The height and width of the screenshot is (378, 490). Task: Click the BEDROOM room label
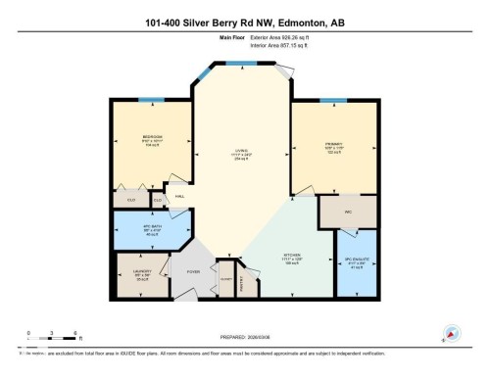pos(152,136)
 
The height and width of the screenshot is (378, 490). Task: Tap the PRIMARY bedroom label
pos(332,143)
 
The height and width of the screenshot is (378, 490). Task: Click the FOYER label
pos(193,272)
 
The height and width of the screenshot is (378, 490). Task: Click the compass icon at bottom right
pos(452,332)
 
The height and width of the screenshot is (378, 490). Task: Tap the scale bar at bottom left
pos(53,336)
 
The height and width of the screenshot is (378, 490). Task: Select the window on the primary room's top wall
pos(331,99)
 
